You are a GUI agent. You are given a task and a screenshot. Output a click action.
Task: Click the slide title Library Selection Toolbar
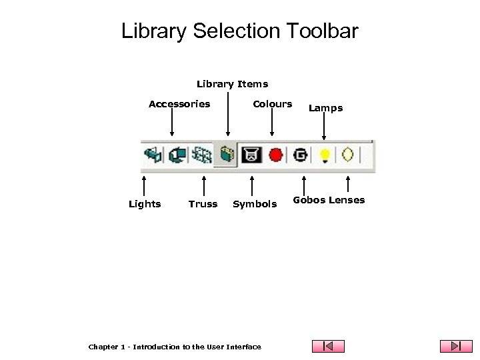click(240, 31)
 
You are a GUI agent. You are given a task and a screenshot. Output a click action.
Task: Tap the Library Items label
click(232, 84)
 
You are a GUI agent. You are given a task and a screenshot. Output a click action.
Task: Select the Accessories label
click(179, 104)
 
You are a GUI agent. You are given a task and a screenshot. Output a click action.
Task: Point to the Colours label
click(272, 104)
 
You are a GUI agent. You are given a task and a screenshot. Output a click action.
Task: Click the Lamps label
click(325, 108)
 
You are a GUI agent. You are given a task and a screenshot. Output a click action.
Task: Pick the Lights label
click(145, 204)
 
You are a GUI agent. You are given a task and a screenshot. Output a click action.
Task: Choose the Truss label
click(203, 204)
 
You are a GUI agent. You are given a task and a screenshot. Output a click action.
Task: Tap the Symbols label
click(255, 204)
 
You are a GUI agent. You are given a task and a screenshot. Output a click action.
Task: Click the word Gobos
click(309, 200)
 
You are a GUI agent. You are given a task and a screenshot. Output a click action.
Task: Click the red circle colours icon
click(276, 155)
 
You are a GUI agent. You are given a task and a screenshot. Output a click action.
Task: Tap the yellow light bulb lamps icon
click(325, 155)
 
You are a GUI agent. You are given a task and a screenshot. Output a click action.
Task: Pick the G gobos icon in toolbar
click(301, 155)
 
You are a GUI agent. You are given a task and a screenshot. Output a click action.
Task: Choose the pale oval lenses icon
click(347, 155)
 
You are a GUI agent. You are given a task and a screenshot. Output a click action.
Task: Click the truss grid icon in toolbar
click(202, 155)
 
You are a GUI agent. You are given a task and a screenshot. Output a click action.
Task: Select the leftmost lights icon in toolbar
click(153, 155)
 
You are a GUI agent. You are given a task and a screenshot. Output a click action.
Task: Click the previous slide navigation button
click(329, 346)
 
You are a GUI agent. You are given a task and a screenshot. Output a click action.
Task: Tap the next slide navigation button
click(456, 346)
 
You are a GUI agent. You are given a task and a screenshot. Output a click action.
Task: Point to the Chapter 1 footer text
click(175, 347)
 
